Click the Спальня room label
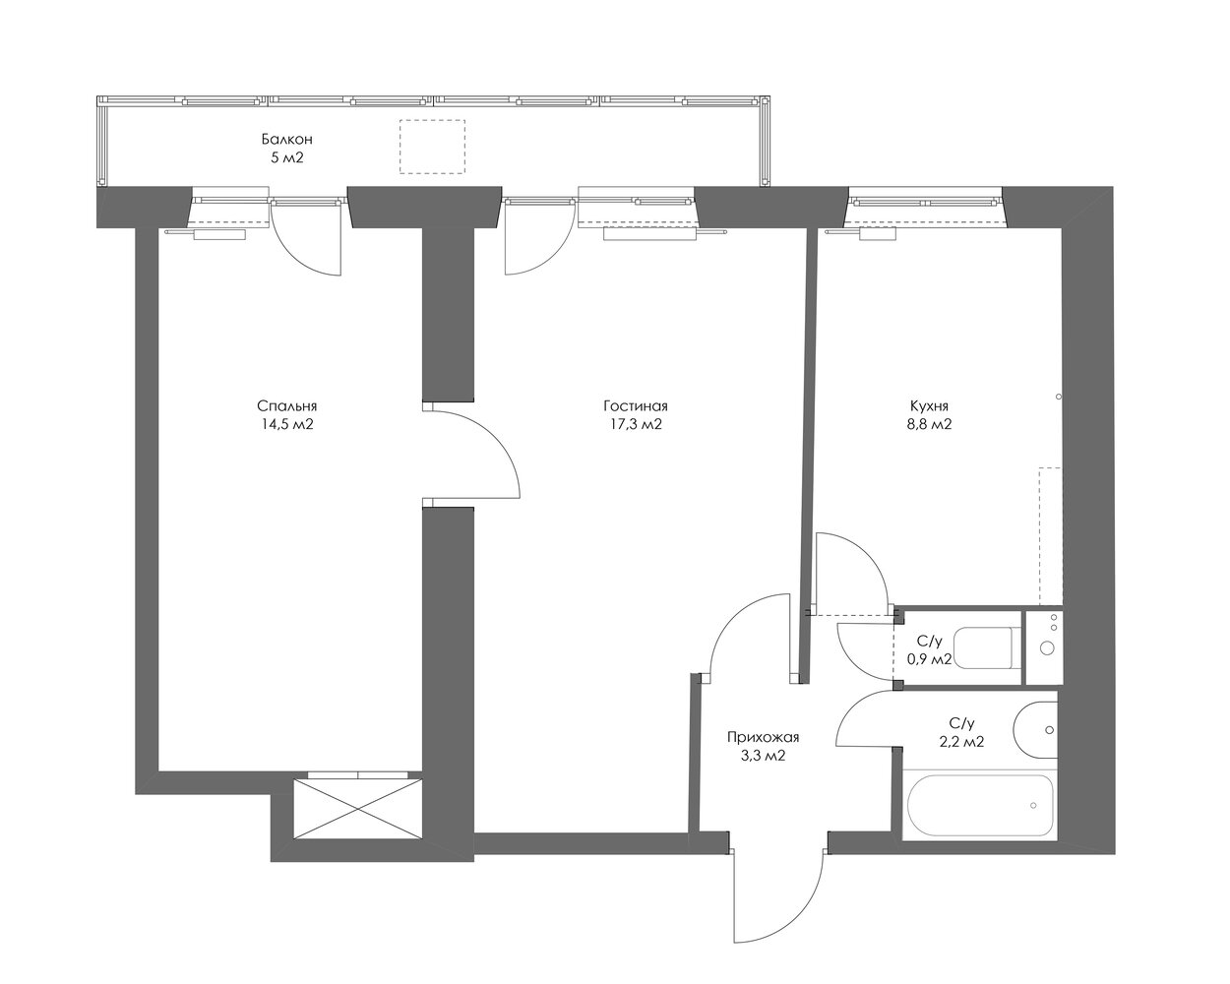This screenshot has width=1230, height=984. pyautogui.click(x=287, y=406)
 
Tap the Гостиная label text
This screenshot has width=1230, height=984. pyautogui.click(x=635, y=406)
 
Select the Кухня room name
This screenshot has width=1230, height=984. pyautogui.click(x=929, y=406)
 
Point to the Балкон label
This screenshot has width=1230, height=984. pyautogui.click(x=287, y=139)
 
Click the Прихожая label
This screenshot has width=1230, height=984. pyautogui.click(x=763, y=737)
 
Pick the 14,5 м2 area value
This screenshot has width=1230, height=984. pyautogui.click(x=287, y=424)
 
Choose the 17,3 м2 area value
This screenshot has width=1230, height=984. pyautogui.click(x=635, y=424)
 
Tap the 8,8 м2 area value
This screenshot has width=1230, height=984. pyautogui.click(x=929, y=424)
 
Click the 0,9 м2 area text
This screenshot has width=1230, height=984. pyautogui.click(x=929, y=659)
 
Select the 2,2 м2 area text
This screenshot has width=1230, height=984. pyautogui.click(x=961, y=742)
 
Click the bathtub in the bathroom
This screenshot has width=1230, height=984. pyautogui.click(x=980, y=805)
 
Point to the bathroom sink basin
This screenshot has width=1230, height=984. pyautogui.click(x=1035, y=730)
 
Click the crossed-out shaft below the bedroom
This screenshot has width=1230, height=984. pyautogui.click(x=357, y=809)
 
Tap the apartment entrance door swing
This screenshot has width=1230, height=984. pyautogui.click(x=803, y=914)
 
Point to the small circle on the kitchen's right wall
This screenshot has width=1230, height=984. pyautogui.click(x=1058, y=397)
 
